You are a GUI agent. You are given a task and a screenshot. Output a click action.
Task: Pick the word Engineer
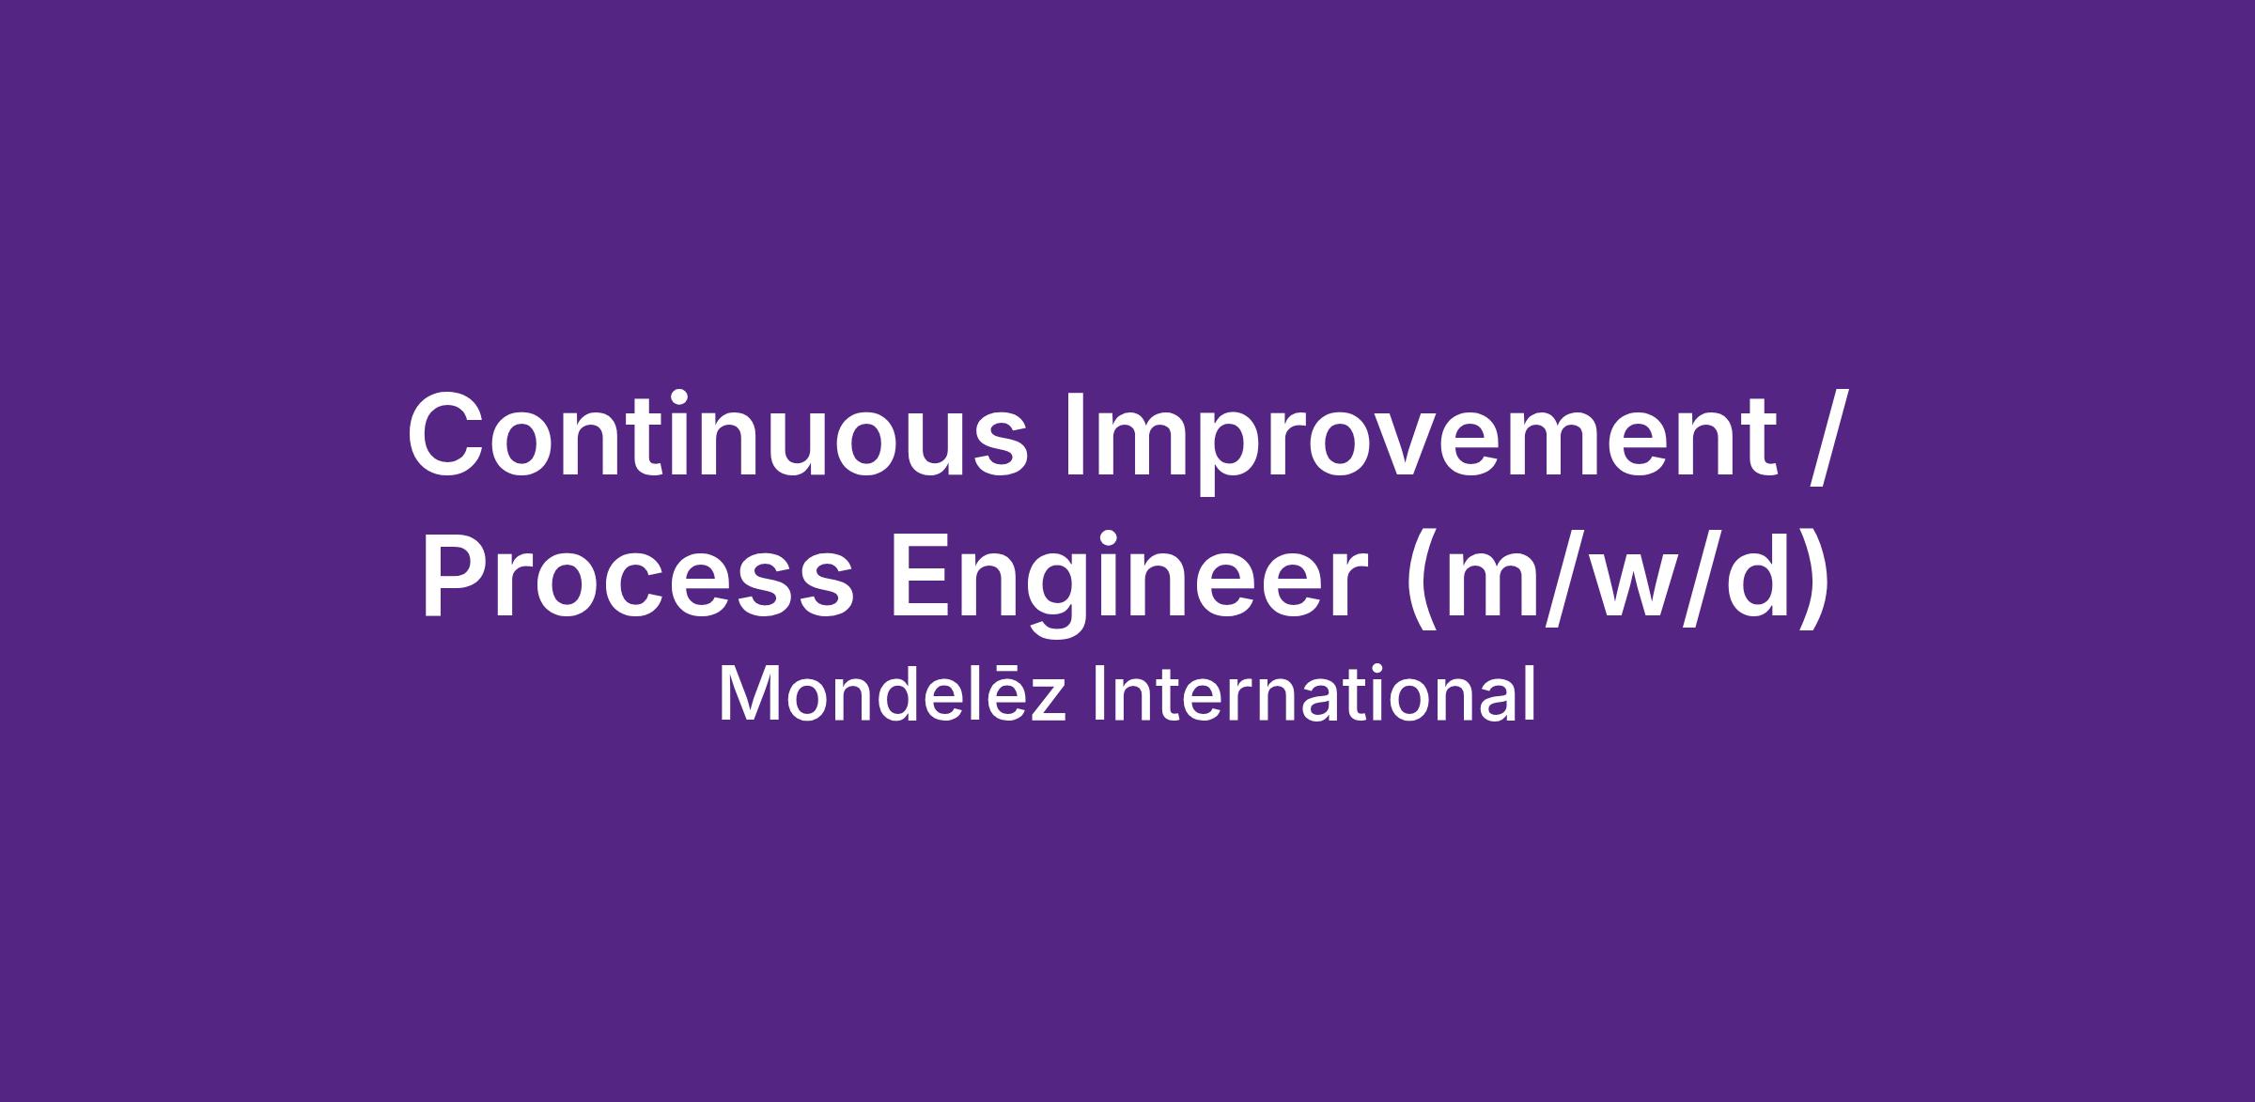tap(1127, 584)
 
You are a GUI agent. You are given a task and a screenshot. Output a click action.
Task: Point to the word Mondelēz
tap(892, 694)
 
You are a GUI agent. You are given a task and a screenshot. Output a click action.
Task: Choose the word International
tap(1314, 694)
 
